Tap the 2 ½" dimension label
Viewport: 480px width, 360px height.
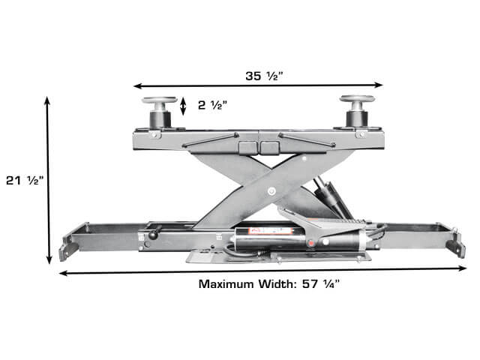[212, 105]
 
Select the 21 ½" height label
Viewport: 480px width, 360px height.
[25, 181]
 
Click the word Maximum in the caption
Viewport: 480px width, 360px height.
[226, 284]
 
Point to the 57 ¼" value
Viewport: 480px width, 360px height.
[321, 284]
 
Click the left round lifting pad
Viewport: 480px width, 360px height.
[160, 100]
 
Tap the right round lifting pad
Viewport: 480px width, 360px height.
[357, 98]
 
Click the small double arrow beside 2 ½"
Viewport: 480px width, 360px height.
[183, 106]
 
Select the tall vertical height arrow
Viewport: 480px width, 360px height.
[48, 180]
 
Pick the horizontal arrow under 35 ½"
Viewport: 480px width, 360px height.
[258, 85]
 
